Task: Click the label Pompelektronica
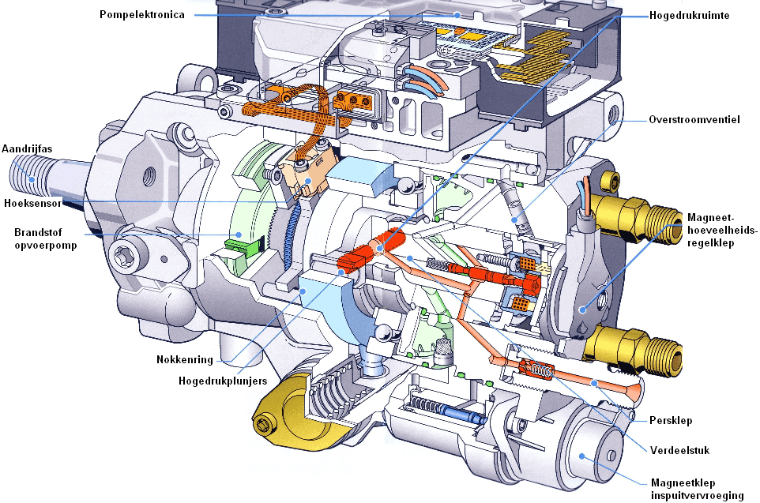[142, 15]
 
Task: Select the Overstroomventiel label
[694, 120]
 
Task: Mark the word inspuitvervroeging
[697, 495]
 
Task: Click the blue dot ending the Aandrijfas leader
[32, 178]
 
